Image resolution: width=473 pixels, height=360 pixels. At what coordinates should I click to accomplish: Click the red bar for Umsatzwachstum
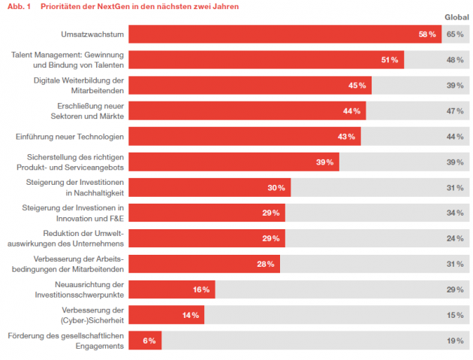(285, 34)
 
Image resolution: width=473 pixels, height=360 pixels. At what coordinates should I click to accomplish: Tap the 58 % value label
(427, 35)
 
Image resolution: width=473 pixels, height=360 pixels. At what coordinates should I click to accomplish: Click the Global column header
(456, 17)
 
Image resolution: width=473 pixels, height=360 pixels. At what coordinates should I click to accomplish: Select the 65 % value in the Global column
(455, 34)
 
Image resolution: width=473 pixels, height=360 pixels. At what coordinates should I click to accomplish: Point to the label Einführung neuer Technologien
(70, 137)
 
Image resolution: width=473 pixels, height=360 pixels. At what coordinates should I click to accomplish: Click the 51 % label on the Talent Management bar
(390, 60)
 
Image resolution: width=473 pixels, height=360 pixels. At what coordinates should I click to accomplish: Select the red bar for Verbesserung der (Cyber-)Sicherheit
(167, 315)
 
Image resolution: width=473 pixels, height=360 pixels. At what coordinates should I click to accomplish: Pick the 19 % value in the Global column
(455, 340)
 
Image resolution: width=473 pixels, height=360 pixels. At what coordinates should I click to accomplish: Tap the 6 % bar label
(149, 340)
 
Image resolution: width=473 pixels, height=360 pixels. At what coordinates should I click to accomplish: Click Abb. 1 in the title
(19, 6)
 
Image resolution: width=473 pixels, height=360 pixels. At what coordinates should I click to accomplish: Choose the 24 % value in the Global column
(455, 238)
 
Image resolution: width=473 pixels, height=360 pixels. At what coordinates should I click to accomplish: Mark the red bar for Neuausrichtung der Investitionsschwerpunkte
(172, 289)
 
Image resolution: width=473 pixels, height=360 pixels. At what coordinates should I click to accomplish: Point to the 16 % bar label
(201, 289)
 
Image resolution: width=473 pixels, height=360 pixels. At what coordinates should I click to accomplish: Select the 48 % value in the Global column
(455, 60)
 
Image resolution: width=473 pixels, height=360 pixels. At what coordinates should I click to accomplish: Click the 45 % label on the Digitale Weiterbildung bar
(357, 86)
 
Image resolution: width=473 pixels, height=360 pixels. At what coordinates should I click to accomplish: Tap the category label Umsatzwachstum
(92, 34)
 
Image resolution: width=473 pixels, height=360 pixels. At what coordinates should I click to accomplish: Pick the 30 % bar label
(276, 188)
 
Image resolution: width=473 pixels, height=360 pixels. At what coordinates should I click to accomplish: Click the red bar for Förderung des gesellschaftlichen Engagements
(145, 340)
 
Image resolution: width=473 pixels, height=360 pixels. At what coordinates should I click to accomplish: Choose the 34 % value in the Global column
(455, 213)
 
